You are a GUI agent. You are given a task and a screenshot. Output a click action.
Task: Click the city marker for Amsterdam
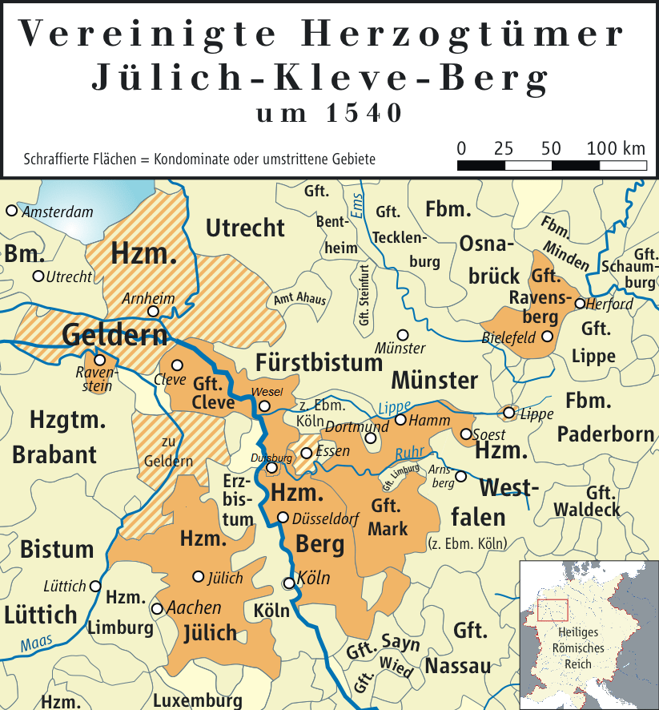[x=11, y=211]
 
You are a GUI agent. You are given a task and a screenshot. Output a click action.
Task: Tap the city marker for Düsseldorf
[x=282, y=518]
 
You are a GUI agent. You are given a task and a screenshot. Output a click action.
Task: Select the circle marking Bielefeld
[x=548, y=337]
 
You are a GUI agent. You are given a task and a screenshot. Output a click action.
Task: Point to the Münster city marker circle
[x=403, y=334]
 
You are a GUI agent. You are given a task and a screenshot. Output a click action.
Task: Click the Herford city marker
[x=580, y=304]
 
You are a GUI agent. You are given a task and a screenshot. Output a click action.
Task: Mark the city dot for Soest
[x=467, y=434]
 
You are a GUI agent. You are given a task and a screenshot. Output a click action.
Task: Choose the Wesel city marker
[x=264, y=406]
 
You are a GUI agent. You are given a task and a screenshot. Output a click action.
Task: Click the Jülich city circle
[x=199, y=576]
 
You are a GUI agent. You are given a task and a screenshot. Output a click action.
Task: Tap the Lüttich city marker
[x=95, y=586]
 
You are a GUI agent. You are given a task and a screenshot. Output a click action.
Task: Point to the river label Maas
[x=35, y=643]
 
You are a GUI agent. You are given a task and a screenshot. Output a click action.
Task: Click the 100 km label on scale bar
[x=616, y=149]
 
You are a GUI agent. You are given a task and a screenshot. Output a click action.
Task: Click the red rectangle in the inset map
[x=553, y=610]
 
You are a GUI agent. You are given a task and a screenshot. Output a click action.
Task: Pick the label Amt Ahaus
[x=300, y=298]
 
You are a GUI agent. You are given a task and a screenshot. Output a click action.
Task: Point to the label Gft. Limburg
[x=400, y=478]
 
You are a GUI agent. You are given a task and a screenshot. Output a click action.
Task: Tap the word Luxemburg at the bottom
[x=197, y=700]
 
